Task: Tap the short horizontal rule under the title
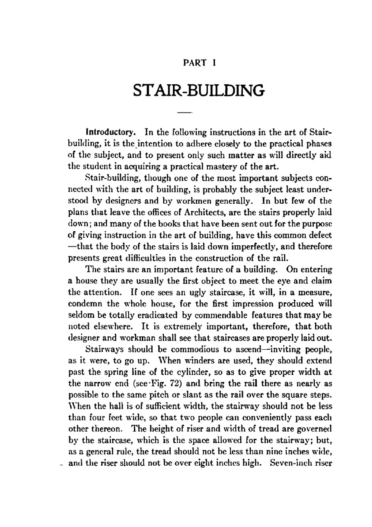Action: click(185, 112)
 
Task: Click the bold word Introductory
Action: click(110, 132)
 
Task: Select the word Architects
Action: click(202, 213)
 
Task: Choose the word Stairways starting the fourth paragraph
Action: click(105, 349)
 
